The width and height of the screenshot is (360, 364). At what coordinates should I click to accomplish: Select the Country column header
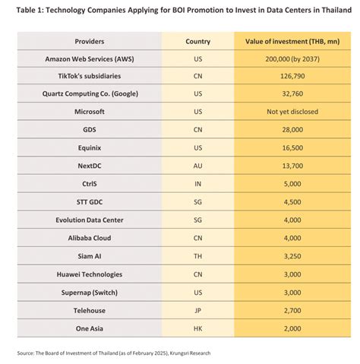197,41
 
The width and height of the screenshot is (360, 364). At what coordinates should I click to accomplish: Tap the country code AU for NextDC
197,165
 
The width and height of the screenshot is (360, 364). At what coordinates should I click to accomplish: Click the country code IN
197,183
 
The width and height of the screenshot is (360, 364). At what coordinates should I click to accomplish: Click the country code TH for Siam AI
197,255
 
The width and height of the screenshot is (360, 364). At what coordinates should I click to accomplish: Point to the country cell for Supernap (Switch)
197,292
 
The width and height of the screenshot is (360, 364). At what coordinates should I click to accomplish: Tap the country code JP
197,310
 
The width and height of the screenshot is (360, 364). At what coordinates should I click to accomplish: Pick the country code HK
197,328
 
